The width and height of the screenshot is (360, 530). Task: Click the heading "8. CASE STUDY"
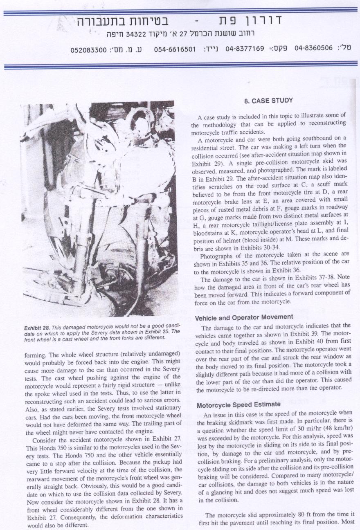268,100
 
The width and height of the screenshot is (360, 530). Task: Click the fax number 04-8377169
245,48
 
